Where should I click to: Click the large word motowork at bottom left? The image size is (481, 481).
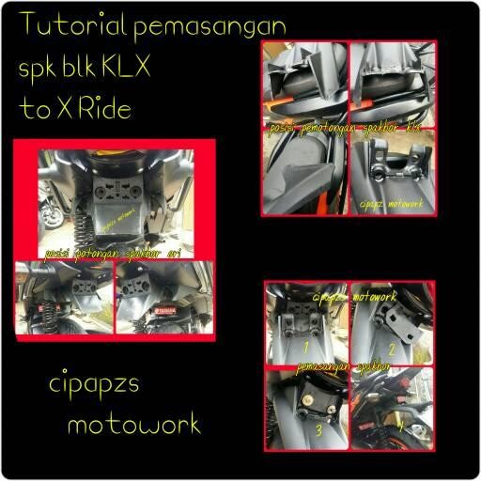point(133,424)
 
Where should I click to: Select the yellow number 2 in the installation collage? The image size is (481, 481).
point(418,349)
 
